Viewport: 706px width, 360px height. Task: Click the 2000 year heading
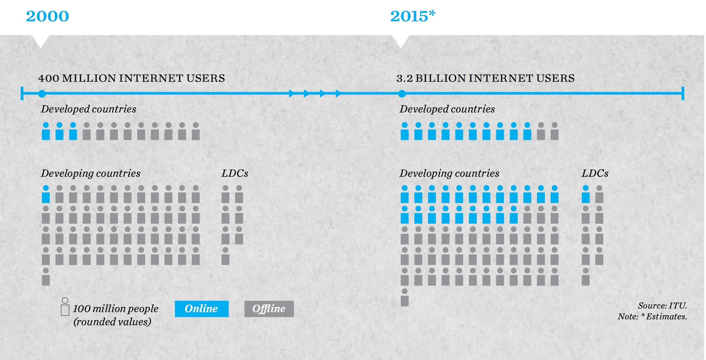click(x=47, y=16)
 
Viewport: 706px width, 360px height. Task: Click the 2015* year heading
click(x=413, y=16)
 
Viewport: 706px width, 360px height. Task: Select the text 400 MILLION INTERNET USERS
click(x=132, y=78)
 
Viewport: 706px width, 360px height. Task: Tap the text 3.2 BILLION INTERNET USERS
click(x=485, y=78)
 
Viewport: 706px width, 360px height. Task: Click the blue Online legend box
click(x=202, y=309)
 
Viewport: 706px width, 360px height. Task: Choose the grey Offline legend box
click(x=269, y=309)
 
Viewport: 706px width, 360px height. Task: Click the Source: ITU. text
click(x=662, y=306)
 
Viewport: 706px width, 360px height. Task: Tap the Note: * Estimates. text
click(x=652, y=316)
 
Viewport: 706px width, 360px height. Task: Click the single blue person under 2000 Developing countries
click(x=46, y=195)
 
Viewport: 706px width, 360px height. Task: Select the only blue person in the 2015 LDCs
click(x=586, y=195)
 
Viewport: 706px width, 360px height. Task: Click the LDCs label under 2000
click(x=235, y=173)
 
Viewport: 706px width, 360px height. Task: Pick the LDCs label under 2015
click(x=595, y=173)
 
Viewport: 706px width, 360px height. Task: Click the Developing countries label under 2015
click(x=449, y=173)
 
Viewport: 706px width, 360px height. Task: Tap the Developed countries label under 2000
click(x=88, y=109)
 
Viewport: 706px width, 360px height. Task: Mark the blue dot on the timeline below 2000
click(x=42, y=94)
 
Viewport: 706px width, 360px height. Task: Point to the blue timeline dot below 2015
click(x=402, y=94)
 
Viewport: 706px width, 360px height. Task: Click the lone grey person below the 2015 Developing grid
click(x=404, y=298)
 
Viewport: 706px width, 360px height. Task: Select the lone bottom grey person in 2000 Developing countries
click(x=46, y=277)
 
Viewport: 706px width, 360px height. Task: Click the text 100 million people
click(x=116, y=309)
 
